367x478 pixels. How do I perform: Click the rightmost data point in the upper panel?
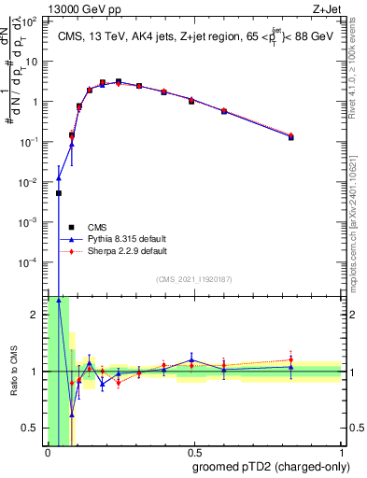(291, 136)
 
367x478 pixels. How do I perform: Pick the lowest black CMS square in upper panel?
(59, 193)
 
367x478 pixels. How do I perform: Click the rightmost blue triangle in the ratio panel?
(291, 368)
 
